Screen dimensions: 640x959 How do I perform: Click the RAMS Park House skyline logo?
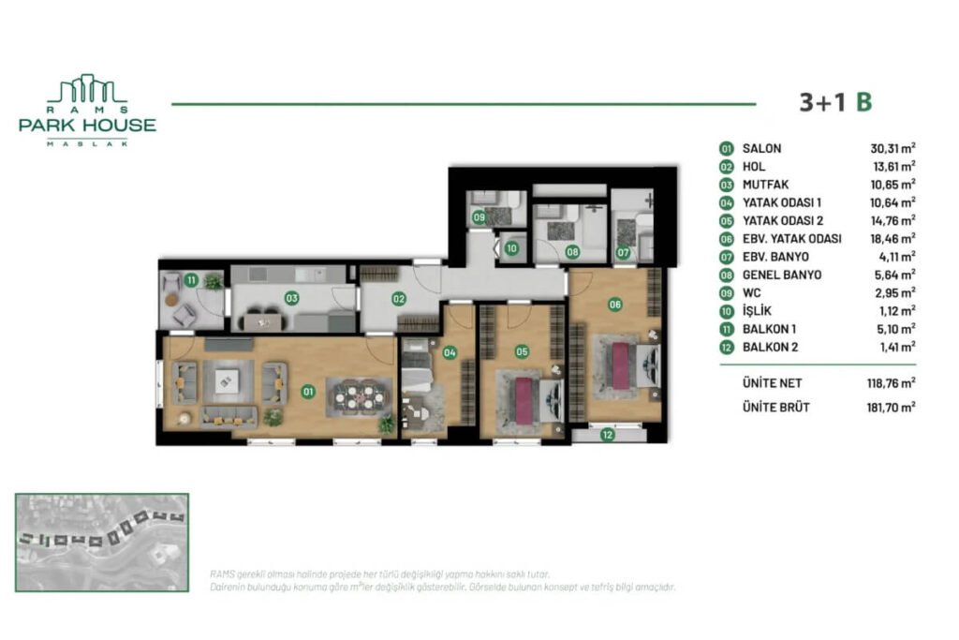(x=87, y=90)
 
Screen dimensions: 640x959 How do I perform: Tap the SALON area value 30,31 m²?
(x=893, y=148)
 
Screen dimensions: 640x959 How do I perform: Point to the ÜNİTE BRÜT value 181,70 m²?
(x=891, y=407)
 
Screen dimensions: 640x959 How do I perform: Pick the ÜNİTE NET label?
(x=772, y=382)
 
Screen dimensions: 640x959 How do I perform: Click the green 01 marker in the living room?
(x=307, y=393)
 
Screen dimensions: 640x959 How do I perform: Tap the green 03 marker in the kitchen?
(x=292, y=299)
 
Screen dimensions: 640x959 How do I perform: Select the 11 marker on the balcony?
(x=191, y=279)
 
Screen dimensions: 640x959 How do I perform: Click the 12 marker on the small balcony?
(x=607, y=434)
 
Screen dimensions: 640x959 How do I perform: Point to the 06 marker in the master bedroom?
(x=615, y=304)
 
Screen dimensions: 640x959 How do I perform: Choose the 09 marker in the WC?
(x=479, y=217)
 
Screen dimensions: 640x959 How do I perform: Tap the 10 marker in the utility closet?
(x=511, y=249)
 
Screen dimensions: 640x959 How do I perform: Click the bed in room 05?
(x=524, y=398)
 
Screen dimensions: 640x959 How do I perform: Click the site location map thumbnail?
(x=102, y=542)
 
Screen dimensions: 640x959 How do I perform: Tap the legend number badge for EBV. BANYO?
(x=726, y=256)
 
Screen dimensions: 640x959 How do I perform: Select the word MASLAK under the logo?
(x=87, y=142)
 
